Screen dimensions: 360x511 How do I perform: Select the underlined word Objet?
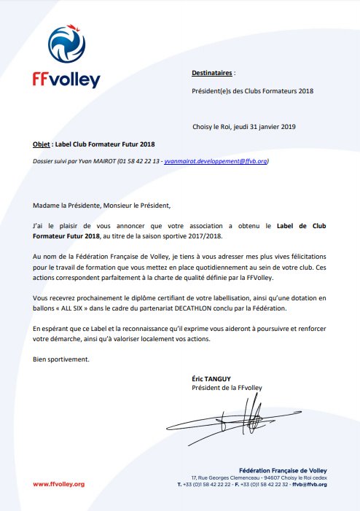(x=42, y=144)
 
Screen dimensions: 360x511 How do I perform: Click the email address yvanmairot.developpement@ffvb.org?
(x=216, y=160)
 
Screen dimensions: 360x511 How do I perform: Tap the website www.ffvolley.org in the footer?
(x=59, y=483)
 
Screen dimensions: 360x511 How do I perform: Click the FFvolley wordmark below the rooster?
(x=66, y=80)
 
